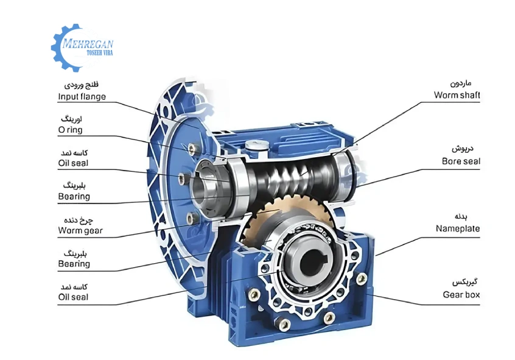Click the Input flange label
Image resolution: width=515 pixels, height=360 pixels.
tap(82, 96)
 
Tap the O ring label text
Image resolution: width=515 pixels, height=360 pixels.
tap(70, 130)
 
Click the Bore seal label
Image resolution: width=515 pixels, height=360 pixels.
tap(461, 161)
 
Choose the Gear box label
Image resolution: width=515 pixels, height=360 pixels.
tap(461, 295)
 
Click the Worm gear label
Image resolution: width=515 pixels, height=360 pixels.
tap(80, 230)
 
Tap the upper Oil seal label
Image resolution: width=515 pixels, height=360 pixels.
tap(73, 163)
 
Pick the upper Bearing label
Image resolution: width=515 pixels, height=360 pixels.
tap(74, 197)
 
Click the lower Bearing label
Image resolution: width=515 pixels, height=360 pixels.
tap(74, 264)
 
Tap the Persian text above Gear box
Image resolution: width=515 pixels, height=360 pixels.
tap(466, 283)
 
